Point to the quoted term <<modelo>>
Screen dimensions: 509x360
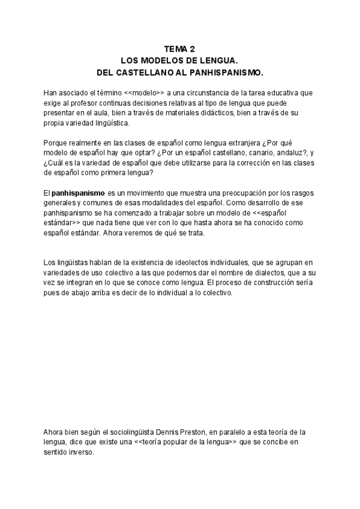[x=145, y=92]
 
